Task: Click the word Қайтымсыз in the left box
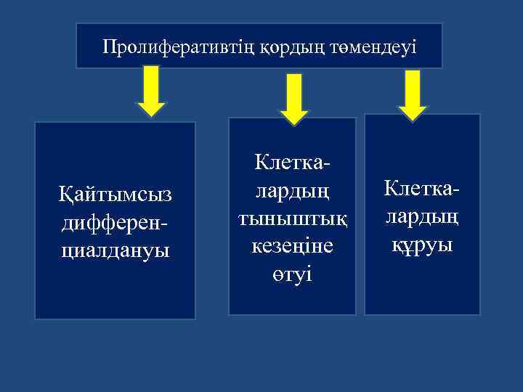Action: (x=115, y=194)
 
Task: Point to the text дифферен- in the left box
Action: (x=115, y=221)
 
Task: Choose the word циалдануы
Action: (x=115, y=248)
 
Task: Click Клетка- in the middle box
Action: (x=293, y=163)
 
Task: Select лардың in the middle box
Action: (x=292, y=191)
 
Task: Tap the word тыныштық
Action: (x=292, y=219)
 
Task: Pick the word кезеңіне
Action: (x=292, y=247)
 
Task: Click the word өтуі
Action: (x=292, y=274)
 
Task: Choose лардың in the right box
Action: (x=422, y=216)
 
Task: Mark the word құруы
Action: (x=422, y=244)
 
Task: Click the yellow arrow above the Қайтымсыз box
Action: (x=151, y=91)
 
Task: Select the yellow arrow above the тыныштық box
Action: (x=294, y=99)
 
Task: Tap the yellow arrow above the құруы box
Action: (x=413, y=94)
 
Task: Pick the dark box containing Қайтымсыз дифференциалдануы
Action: (x=115, y=290)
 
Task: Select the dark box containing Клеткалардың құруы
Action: (x=422, y=290)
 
